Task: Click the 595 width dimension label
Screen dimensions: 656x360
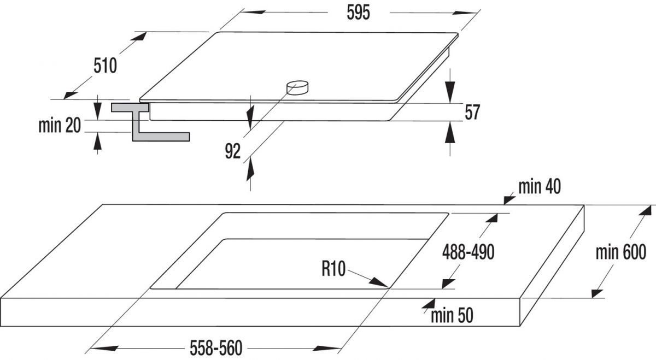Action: [x=358, y=13]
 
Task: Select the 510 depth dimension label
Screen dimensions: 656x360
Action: [x=105, y=66]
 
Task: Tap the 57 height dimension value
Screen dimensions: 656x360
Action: [x=472, y=113]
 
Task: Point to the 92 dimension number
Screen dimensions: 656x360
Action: [x=232, y=151]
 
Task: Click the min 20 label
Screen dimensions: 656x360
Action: [x=60, y=126]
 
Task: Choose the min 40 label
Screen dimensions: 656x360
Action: [x=540, y=187]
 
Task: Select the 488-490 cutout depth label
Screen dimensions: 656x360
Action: [x=468, y=252]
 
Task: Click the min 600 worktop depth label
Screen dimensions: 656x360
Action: [x=621, y=252]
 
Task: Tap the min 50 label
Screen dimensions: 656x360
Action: [x=452, y=316]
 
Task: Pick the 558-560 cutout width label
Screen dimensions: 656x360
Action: [x=216, y=348]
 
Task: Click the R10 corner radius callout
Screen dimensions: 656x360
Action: [x=333, y=269]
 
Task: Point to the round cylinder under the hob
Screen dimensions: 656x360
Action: [x=297, y=87]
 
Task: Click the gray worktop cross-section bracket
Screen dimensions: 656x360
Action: [x=150, y=122]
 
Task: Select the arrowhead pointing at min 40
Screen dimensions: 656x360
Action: [x=509, y=199]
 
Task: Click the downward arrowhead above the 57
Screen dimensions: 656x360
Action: [x=450, y=92]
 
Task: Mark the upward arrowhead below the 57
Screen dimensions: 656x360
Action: [x=450, y=132]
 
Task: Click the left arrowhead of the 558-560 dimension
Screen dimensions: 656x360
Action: [x=104, y=349]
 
